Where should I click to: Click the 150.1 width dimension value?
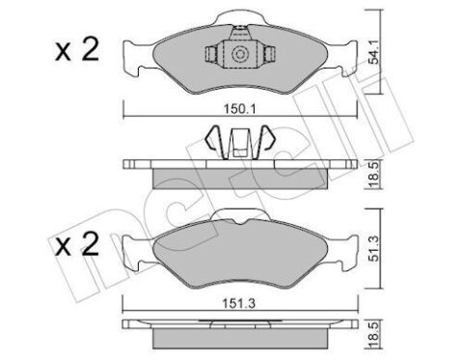coord(239,109)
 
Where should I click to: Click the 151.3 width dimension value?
coord(239,303)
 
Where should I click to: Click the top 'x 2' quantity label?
coord(77,50)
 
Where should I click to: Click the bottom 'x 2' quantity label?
coord(77,244)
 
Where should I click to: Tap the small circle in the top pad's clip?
coord(239,54)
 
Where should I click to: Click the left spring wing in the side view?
coord(212,139)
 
